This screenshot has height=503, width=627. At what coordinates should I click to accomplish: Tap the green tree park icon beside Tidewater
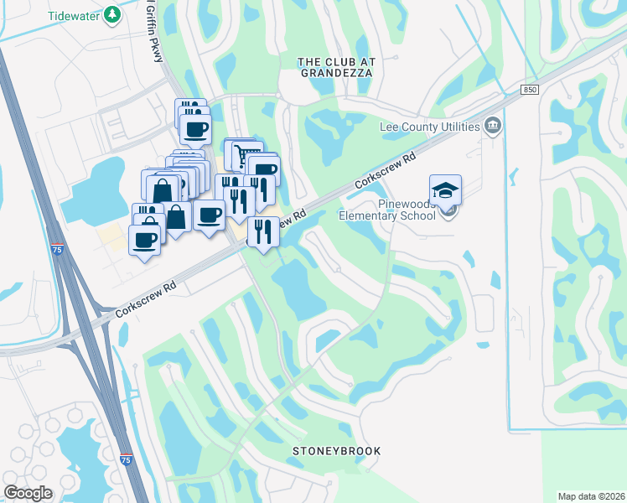coord(111,16)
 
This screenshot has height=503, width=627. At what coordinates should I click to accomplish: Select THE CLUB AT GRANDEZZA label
coord(336,67)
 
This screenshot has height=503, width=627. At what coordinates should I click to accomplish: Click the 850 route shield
coord(528,90)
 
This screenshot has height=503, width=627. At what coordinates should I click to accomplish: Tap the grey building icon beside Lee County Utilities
coord(493,127)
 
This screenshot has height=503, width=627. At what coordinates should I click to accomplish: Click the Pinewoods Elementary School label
coord(386,209)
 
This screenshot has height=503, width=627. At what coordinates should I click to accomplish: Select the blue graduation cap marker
coord(446,189)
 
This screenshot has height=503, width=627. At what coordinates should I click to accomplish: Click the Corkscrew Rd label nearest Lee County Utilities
coord(385,169)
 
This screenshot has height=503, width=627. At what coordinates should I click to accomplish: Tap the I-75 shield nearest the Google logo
coord(125,460)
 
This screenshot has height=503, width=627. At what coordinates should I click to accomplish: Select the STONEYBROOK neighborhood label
coord(336,451)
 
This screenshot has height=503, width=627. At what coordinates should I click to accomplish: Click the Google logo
coord(28,492)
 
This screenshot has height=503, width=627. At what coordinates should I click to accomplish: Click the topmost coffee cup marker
coord(196,129)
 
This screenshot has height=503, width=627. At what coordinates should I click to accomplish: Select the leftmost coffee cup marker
coord(144,240)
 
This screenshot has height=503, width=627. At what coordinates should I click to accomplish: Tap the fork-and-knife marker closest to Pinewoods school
coord(263,231)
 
